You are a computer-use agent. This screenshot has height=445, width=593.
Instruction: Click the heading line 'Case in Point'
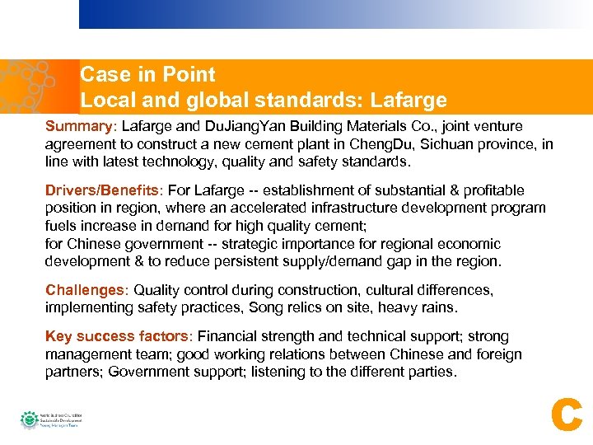147,75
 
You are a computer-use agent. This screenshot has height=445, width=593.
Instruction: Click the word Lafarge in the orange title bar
409,101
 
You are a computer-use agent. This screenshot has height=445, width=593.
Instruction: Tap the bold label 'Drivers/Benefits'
103,190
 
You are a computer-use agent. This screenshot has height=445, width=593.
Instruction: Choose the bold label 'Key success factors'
116,336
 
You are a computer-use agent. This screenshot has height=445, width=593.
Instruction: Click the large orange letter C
566,416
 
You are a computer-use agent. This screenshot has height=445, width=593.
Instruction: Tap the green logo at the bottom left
29,419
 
